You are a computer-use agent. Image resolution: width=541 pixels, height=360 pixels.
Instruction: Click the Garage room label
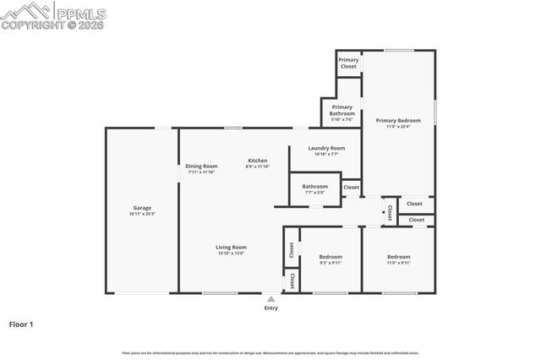142,208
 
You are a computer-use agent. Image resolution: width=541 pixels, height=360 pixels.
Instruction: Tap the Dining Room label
201,166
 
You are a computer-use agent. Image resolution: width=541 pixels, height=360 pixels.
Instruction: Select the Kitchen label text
257,161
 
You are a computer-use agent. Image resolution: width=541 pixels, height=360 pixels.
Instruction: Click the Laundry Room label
325,148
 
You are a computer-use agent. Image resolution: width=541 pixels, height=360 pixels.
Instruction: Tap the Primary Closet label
348,63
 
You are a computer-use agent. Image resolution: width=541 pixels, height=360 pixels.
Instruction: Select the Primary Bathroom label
342,110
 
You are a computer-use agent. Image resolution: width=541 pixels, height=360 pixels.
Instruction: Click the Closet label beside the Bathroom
351,187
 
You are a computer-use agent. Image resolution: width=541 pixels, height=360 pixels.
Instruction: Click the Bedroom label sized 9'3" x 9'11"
331,257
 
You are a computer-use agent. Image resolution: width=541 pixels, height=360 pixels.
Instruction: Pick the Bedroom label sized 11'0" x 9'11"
398,257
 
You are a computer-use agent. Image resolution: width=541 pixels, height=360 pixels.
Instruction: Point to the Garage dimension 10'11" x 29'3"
142,215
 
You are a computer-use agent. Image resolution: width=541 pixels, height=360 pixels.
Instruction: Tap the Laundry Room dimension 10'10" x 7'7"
325,155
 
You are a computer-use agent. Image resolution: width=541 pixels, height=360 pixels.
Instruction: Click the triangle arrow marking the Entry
270,298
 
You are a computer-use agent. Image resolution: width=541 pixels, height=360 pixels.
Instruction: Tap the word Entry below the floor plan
270,308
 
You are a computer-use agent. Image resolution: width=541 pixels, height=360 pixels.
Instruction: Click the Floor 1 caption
21,324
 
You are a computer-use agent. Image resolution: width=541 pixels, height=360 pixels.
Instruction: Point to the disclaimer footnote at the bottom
270,352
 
